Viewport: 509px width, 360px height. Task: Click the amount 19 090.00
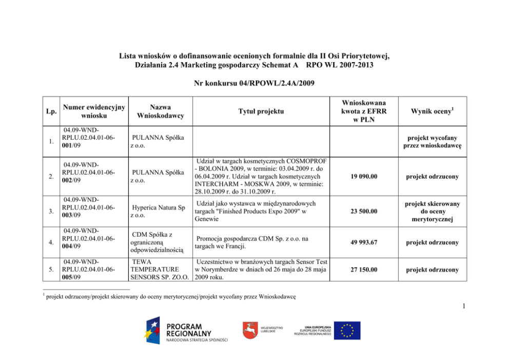coord(365,177)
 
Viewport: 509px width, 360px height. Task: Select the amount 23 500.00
coord(365,211)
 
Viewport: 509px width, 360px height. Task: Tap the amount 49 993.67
coord(365,242)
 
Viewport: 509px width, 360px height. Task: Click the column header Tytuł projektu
coord(260,111)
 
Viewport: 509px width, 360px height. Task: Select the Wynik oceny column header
coord(434,111)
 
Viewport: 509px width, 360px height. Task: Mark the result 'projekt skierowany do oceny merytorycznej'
coord(434,211)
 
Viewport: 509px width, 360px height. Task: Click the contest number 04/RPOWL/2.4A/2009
coord(254,82)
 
